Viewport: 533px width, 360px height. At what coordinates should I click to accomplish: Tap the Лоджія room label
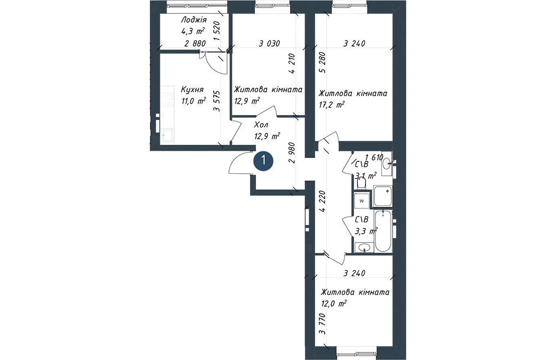[x=194, y=20]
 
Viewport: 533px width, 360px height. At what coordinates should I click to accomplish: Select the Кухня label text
[x=192, y=90]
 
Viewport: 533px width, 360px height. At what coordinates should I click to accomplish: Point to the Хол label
[x=261, y=125]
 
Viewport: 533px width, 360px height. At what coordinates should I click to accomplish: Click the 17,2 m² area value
[x=331, y=104]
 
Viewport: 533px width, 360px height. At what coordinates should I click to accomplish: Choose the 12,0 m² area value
[x=334, y=303]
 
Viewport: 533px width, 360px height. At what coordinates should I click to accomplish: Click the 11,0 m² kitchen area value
[x=194, y=101]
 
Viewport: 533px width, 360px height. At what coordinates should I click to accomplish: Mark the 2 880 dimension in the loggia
[x=195, y=44]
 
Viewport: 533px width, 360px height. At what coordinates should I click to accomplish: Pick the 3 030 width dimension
[x=269, y=44]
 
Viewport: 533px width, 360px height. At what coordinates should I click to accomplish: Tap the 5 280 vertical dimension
[x=323, y=62]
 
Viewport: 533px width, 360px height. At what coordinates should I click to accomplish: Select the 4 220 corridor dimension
[x=323, y=201]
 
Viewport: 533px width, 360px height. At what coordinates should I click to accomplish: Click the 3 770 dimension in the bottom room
[x=323, y=324]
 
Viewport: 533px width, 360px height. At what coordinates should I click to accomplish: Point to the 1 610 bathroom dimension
[x=374, y=157]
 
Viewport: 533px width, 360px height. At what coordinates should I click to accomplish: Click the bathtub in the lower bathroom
[x=383, y=231]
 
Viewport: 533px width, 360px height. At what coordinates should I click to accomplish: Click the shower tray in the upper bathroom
[x=383, y=196]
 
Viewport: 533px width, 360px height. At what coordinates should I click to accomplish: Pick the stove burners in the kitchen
[x=167, y=100]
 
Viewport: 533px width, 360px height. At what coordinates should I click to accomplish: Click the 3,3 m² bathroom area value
[x=366, y=232]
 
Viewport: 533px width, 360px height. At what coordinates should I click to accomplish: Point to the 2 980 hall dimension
[x=291, y=153]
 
